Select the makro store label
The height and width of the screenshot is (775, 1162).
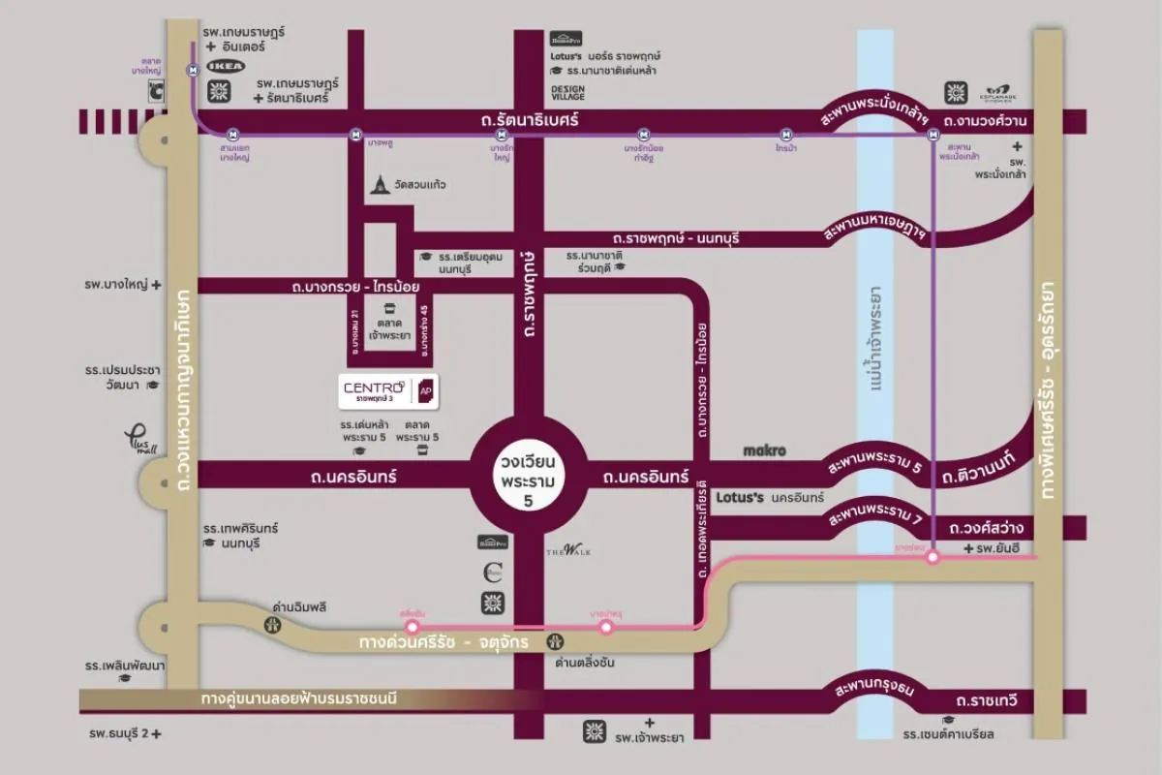[764, 450]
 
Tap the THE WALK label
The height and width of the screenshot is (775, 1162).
[568, 551]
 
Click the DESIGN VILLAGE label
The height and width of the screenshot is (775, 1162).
[568, 92]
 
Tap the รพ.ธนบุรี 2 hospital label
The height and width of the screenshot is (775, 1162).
[121, 734]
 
